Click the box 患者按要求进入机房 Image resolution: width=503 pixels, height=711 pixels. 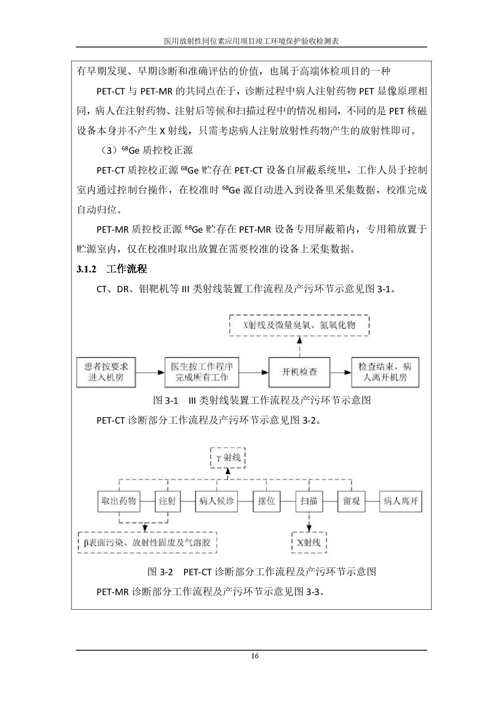106,372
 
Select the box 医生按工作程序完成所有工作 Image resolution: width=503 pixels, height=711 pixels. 202,372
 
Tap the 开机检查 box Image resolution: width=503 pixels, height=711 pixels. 299,372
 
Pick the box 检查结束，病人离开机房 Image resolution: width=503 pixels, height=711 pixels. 385,372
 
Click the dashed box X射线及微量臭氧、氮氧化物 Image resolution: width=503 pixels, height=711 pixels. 299,325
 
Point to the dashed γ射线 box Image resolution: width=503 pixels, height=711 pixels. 228,458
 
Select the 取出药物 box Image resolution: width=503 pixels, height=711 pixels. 119,501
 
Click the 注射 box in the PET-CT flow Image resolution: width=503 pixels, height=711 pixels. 168,501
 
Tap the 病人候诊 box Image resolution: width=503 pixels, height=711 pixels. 217,501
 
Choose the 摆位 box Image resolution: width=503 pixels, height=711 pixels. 267,501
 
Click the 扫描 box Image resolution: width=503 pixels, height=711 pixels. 309,501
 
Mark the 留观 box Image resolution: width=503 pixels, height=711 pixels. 351,501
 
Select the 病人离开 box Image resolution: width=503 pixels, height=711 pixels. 401,501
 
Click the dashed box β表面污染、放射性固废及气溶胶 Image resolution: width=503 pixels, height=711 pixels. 147,542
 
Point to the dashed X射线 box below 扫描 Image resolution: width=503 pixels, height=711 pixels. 309,542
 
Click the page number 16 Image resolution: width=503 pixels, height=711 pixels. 255,656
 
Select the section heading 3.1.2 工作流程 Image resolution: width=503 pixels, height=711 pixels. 112,269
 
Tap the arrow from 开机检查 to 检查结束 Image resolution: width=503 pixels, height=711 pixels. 341,372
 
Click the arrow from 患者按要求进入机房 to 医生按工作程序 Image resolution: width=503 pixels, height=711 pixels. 150,372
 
